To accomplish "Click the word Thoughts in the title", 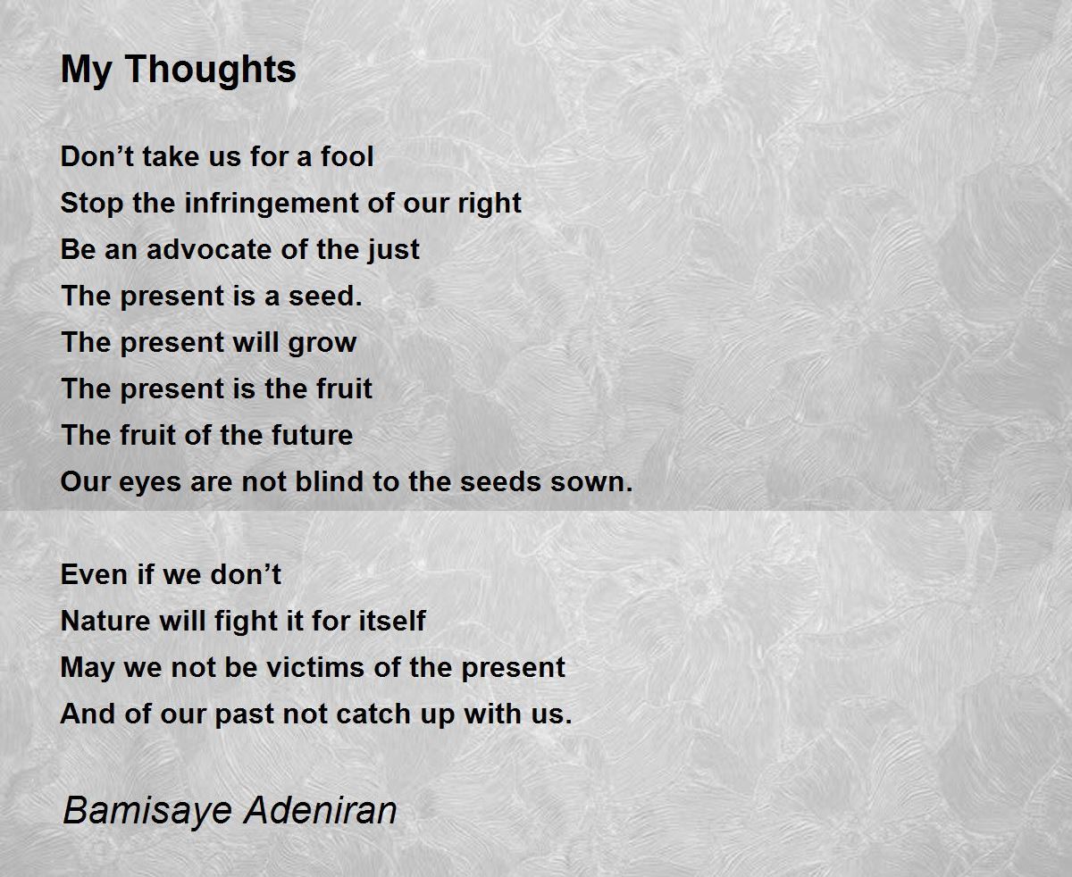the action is [211, 70].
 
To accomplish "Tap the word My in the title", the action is [86, 70].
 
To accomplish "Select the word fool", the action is [348, 156].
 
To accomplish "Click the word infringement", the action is [272, 204].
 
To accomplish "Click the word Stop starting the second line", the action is [92, 204].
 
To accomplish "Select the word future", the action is [312, 436].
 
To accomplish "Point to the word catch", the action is [373, 714].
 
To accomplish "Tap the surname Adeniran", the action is [320, 809].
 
